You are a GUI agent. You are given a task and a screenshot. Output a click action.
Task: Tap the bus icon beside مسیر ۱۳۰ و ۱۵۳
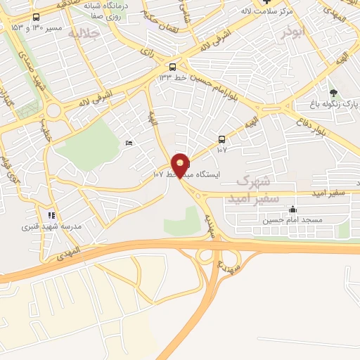pyautogui.click(x=36, y=17)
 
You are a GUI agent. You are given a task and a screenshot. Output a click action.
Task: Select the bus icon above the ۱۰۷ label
pyautogui.click(x=221, y=139)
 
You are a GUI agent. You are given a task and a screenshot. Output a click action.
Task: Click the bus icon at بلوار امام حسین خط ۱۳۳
pyautogui.click(x=172, y=67)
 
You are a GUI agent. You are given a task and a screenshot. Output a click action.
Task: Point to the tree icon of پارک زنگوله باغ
pyautogui.click(x=333, y=93)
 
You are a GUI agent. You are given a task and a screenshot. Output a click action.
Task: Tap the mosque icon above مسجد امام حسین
pyautogui.click(x=292, y=210)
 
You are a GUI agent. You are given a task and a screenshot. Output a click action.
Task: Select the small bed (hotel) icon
pyautogui.click(x=128, y=143)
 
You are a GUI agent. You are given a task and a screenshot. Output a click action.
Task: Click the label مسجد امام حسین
pyautogui.click(x=292, y=220)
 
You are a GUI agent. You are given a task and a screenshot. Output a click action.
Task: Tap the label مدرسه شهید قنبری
pyautogui.click(x=53, y=226)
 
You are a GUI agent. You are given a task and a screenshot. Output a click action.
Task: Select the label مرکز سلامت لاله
pyautogui.click(x=263, y=11)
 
